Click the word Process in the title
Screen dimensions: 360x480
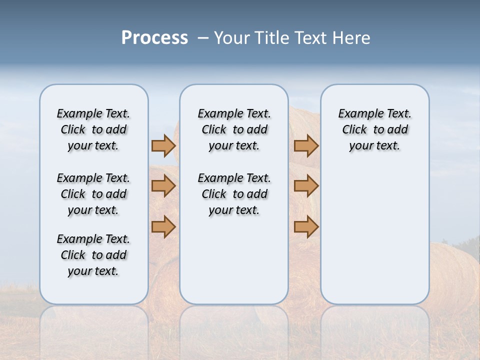[x=154, y=37]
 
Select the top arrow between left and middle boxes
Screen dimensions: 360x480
[x=163, y=145]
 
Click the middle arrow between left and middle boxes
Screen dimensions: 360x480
[x=163, y=186]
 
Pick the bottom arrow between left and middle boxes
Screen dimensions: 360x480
[x=163, y=226]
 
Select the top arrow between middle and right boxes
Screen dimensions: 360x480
[x=306, y=145]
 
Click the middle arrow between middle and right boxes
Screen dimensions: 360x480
[x=306, y=186]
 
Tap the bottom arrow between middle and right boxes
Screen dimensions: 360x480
[x=306, y=226]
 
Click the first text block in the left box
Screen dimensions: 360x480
[x=93, y=129]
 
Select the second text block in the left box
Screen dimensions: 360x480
[x=93, y=194]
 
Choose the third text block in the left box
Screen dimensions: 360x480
[x=93, y=255]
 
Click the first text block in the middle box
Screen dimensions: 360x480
[x=234, y=129]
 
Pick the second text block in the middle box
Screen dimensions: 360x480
[x=234, y=194]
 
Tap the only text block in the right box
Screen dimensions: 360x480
[x=374, y=129]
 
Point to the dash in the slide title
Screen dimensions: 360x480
[x=203, y=38]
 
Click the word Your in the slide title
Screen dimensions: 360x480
[x=231, y=38]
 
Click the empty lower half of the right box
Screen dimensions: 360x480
[x=374, y=240]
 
